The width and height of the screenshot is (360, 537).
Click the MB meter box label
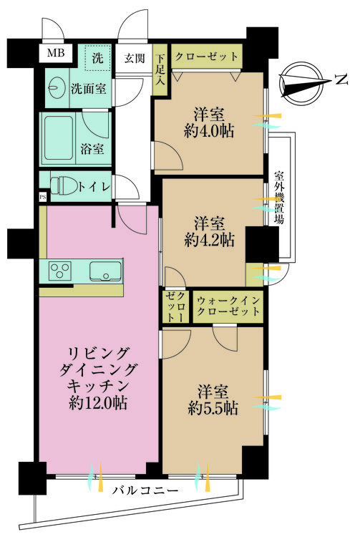(55, 54)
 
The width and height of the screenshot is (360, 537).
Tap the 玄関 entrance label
(134, 59)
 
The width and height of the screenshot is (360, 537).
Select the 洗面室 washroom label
(88, 89)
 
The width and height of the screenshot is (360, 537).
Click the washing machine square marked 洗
(98, 57)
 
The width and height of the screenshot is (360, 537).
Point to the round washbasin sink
(54, 87)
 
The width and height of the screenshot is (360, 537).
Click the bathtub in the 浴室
(59, 138)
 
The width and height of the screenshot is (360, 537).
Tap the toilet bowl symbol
(64, 185)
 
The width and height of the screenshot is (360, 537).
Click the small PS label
(43, 197)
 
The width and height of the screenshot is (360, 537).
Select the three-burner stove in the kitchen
(60, 270)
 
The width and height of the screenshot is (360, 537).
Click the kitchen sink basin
(105, 271)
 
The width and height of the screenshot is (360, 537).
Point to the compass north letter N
(341, 80)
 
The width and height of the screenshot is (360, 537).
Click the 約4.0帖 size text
(209, 131)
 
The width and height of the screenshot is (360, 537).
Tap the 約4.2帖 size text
(209, 240)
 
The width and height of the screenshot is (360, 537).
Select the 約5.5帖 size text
(213, 408)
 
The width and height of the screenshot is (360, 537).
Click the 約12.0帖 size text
(98, 402)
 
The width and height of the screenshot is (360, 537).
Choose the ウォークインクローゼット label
(228, 306)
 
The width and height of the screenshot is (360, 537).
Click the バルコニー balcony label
(145, 490)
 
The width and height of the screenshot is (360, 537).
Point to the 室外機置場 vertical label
(279, 198)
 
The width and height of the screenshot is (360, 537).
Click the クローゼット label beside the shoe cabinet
(206, 57)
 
